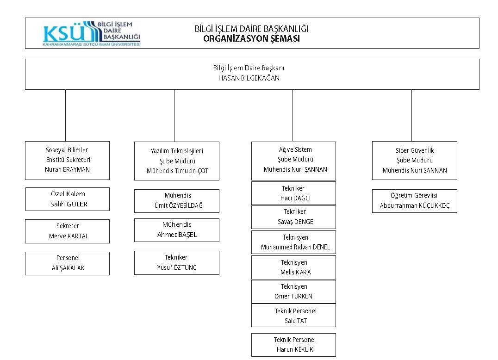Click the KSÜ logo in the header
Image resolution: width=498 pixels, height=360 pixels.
[92, 34]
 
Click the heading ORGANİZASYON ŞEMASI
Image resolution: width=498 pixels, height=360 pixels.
[251, 39]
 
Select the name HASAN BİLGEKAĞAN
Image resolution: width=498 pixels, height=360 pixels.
[249, 78]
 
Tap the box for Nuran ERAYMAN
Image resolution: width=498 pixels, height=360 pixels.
[67, 161]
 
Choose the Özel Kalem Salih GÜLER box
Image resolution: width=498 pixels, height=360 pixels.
[67, 199]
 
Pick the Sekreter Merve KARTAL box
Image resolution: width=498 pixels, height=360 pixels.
[67, 231]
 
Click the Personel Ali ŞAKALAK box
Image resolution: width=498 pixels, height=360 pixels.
[67, 263]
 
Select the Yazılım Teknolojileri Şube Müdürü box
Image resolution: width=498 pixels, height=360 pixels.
[177, 161]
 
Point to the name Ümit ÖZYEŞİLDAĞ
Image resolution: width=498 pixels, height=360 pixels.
[179, 205]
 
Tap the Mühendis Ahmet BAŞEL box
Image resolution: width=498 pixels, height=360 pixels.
[177, 230]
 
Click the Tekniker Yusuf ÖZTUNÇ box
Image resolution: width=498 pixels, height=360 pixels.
[177, 263]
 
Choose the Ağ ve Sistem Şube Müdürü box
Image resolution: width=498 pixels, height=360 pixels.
[293, 161]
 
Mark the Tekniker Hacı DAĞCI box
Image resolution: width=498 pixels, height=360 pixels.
[293, 193]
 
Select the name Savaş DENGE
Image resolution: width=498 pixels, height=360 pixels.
[295, 222]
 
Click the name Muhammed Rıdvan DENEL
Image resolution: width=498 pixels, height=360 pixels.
[295, 247]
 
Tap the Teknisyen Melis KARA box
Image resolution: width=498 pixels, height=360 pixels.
[293, 267]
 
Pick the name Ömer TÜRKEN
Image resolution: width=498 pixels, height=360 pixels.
[293, 296]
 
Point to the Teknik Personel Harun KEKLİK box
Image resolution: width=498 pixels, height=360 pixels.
[293, 345]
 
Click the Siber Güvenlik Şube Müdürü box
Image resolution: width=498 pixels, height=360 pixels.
[415, 161]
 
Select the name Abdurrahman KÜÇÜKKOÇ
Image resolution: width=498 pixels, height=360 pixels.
[415, 205]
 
